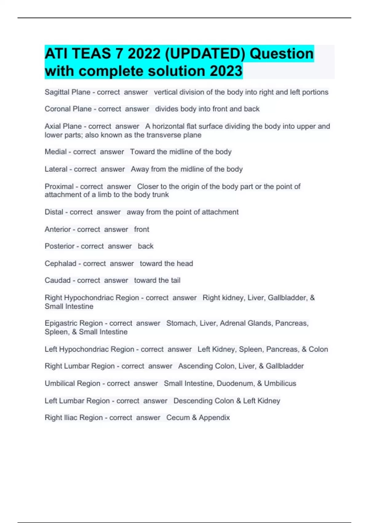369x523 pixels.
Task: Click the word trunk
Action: tap(161, 195)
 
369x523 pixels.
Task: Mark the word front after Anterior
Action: tap(141, 229)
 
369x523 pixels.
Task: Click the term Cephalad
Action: tap(60, 264)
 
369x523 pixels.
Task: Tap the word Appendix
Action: tap(214, 418)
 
